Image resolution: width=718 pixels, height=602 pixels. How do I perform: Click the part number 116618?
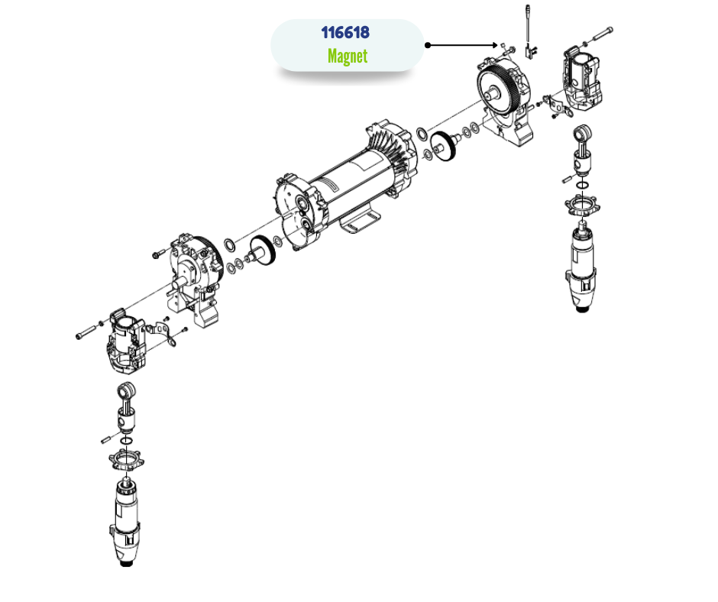345,33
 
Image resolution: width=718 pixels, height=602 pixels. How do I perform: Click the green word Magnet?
348,57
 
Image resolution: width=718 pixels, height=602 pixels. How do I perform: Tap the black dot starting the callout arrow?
428,45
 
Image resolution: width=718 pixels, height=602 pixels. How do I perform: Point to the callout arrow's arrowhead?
495,45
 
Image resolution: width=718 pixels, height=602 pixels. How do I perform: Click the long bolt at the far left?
87,332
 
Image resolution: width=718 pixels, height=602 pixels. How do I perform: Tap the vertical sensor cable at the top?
528,25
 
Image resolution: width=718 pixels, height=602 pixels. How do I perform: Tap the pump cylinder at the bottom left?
125,522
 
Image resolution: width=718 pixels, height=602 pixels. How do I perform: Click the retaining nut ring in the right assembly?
582,205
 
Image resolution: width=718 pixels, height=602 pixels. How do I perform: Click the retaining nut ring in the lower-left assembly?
126,459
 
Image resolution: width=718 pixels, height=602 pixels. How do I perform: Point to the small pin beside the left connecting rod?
106,439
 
